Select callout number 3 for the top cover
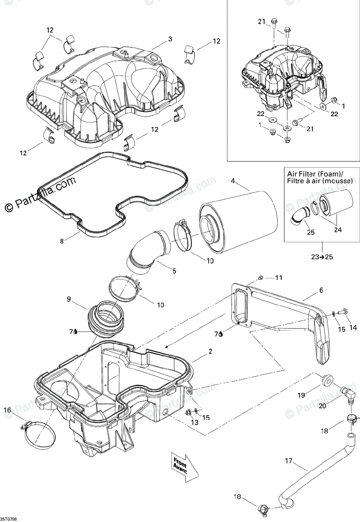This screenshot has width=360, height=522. (170, 39)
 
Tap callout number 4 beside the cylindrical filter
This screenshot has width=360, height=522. (233, 181)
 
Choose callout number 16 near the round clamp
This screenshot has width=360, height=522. (7, 409)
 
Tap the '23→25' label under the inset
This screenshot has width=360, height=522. (322, 257)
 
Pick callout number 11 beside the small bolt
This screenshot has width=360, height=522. (278, 278)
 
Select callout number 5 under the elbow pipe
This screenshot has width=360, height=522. (174, 271)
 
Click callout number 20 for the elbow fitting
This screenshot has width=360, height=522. (323, 406)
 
